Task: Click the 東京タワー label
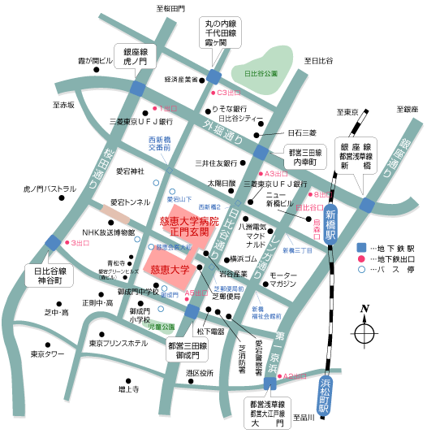tap(47, 354)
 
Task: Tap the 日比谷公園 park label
tap(261, 73)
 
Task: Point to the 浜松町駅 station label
tap(324, 397)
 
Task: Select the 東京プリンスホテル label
tap(119, 344)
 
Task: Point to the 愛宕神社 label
tap(129, 171)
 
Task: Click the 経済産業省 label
tap(181, 80)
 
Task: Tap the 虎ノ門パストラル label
tap(50, 189)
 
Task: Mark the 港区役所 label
tap(199, 373)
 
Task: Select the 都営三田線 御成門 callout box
tap(190, 350)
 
